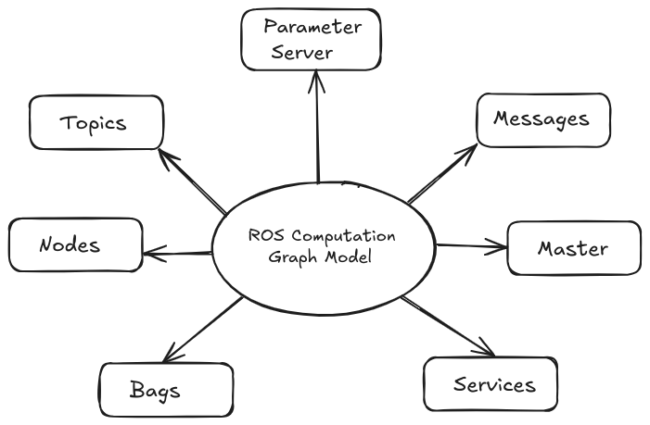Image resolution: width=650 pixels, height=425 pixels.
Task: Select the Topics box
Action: click(x=96, y=122)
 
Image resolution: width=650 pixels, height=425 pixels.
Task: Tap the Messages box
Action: click(x=542, y=119)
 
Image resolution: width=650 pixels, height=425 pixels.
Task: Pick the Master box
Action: click(x=573, y=248)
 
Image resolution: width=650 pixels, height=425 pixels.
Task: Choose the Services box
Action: click(x=493, y=383)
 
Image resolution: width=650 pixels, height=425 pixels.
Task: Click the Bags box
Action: click(x=154, y=389)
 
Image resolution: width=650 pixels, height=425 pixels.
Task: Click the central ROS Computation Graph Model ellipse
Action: click(x=323, y=245)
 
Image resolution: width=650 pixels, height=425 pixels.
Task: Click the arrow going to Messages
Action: click(x=443, y=172)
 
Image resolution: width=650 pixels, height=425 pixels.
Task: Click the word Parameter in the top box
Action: click(x=311, y=26)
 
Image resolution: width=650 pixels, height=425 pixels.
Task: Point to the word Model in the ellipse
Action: click(x=350, y=257)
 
